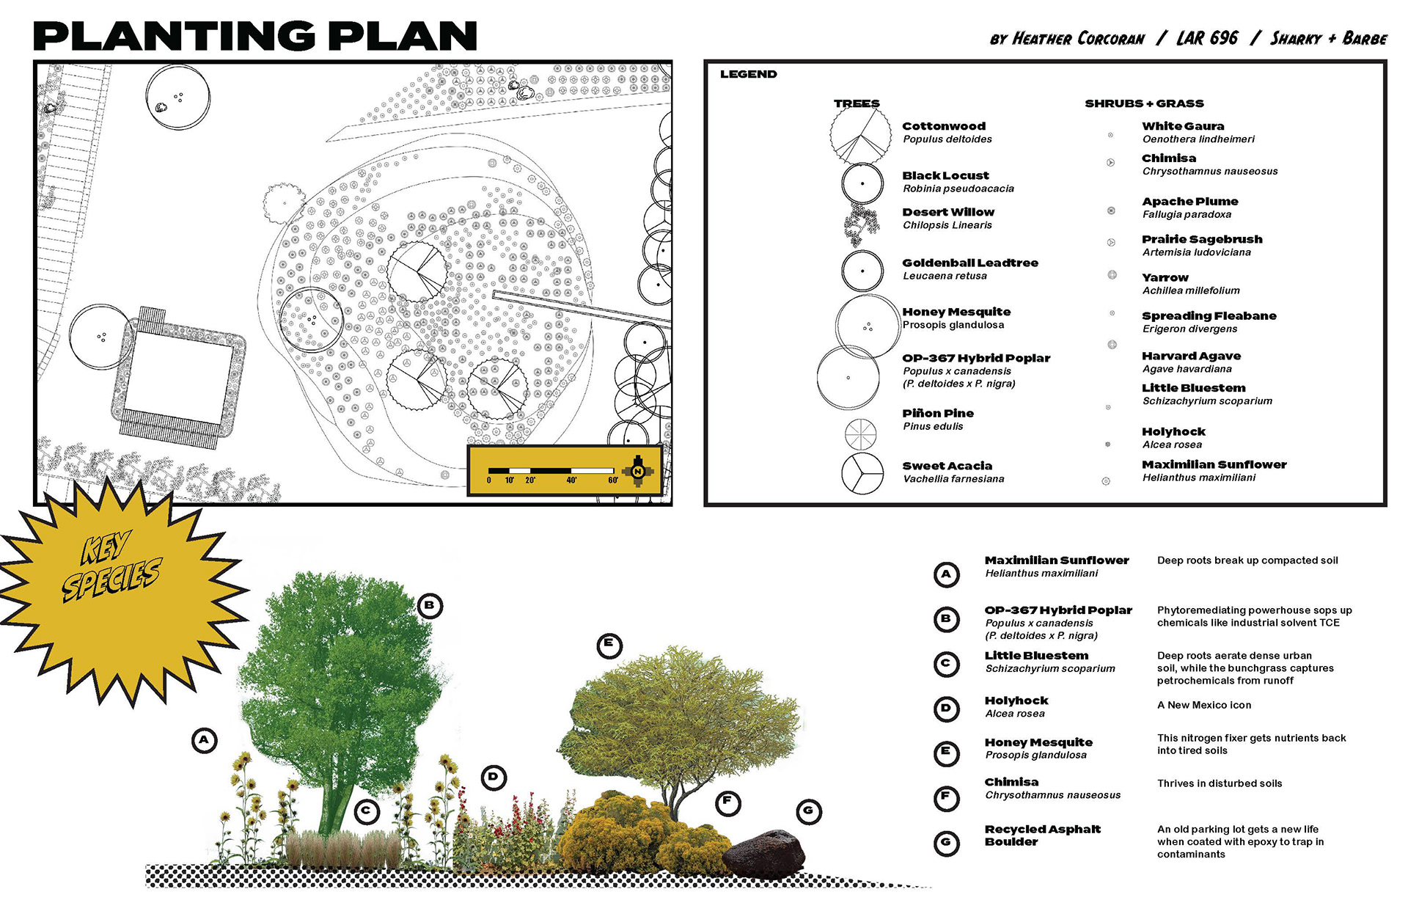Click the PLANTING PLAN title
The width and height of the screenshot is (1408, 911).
(x=255, y=36)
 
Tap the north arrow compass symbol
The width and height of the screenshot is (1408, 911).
(x=638, y=471)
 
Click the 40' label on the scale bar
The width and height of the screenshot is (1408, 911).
(x=571, y=480)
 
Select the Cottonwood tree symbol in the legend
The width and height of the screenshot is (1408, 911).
(x=860, y=134)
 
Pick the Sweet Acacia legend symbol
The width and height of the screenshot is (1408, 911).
(x=862, y=474)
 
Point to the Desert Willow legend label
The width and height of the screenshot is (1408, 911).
(x=948, y=212)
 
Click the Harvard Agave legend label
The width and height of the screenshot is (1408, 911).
(x=1191, y=356)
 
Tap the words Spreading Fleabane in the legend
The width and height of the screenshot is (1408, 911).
(x=1209, y=316)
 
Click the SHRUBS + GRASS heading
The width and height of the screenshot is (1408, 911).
(x=1144, y=103)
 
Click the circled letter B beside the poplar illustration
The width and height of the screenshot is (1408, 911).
(x=430, y=606)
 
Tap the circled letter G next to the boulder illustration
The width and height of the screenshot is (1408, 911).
(x=808, y=811)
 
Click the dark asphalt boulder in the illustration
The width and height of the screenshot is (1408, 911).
(x=764, y=855)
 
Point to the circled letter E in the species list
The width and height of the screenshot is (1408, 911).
(x=946, y=753)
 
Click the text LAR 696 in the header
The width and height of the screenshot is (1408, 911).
(x=1207, y=38)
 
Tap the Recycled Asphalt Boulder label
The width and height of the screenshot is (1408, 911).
(x=1042, y=835)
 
